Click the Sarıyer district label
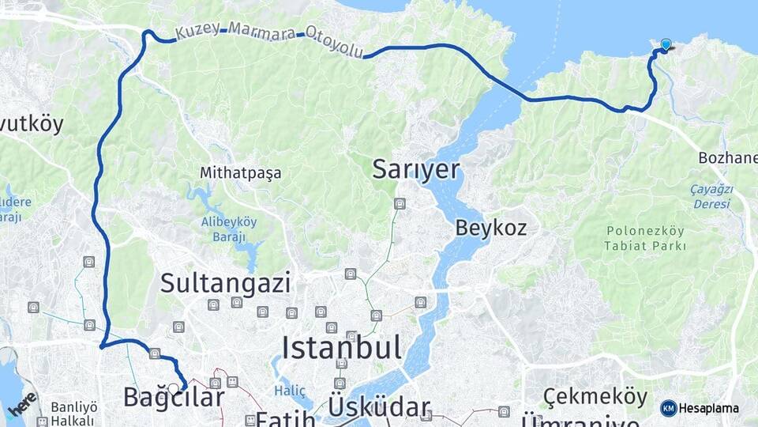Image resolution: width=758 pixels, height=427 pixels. pos(415,169)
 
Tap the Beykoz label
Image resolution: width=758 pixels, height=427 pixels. pos(490,229)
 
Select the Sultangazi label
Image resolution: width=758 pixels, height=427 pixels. pos(225,282)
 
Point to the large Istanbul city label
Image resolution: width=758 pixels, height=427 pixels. pos(341,347)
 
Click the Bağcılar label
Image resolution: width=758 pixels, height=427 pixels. pos(174,397)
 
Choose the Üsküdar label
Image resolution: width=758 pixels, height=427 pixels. pos(380,407)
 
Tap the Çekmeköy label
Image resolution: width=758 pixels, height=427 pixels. pos(595,396)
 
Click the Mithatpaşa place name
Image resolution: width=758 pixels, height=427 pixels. pos(240,172)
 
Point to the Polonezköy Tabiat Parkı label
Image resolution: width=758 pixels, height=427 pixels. pos(646,238)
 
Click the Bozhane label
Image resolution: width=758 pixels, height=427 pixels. pos(727,158)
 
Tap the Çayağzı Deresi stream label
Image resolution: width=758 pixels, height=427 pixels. pos(712,196)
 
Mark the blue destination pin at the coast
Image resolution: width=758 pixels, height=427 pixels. pos(666,45)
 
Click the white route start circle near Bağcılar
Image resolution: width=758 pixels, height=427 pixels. pos(173,388)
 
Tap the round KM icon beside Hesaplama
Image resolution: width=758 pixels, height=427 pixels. pos(668,408)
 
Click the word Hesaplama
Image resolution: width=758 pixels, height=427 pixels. pos(709,408)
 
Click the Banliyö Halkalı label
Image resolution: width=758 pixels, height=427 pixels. pos(73,414)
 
